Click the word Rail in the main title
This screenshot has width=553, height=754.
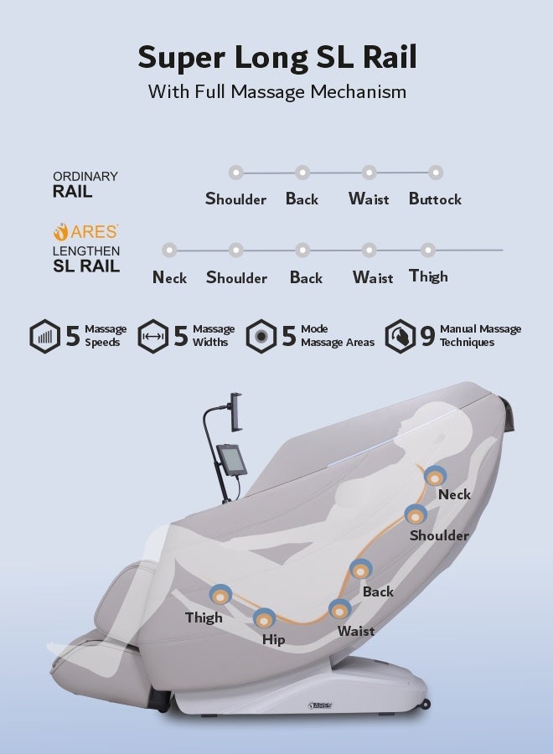tap(390, 57)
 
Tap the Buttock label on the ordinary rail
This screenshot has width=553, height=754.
tap(435, 199)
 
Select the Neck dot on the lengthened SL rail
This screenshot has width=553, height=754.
tap(169, 250)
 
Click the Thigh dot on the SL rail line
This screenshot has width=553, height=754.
tap(428, 250)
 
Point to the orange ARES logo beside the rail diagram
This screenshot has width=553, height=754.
tap(85, 232)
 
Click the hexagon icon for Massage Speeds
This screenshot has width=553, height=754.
tap(44, 336)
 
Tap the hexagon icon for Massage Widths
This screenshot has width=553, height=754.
tap(153, 336)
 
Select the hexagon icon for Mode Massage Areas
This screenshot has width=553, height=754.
tap(261, 336)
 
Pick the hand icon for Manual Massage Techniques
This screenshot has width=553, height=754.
tap(400, 336)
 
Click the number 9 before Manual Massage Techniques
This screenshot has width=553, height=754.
tap(427, 336)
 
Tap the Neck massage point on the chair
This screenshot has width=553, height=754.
tap(435, 477)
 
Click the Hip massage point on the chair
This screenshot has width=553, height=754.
tap(264, 619)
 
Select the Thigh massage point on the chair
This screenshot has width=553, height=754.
tap(220, 596)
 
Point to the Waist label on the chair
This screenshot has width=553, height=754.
tap(356, 631)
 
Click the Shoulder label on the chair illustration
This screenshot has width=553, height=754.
tap(439, 535)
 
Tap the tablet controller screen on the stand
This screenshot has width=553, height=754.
tap(231, 460)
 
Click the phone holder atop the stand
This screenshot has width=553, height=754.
tap(235, 412)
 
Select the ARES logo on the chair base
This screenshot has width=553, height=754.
tap(320, 705)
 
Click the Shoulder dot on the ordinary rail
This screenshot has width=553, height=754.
tap(235, 173)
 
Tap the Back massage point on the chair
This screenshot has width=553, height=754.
tap(360, 571)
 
